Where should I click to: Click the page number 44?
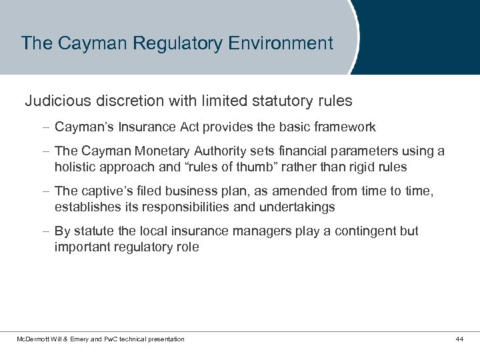[x=459, y=339]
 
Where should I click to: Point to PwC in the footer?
[x=111, y=339]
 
